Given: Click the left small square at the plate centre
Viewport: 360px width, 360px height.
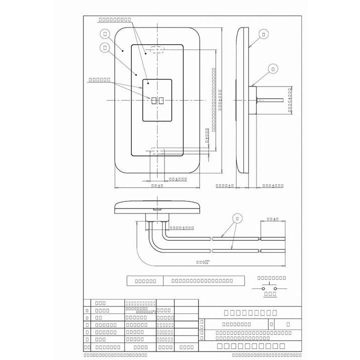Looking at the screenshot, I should [154, 101].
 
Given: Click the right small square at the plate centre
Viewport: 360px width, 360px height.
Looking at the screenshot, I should [161, 101].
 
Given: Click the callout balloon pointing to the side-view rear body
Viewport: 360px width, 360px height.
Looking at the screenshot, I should [272, 68].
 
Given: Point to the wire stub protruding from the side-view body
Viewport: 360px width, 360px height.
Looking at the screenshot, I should [270, 100].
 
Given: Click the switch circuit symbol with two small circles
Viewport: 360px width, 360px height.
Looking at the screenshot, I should [270, 288].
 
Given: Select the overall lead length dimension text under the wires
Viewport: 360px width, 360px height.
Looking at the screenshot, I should [202, 261].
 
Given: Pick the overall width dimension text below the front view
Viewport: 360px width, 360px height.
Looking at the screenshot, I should [157, 185].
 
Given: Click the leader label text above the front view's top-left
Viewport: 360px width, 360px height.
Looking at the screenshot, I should [114, 19].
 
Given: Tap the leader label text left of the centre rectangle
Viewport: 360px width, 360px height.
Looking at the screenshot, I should [99, 79].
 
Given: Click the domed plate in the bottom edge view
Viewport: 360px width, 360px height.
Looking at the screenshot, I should [157, 205].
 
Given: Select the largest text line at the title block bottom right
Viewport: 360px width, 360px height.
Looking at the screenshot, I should [251, 346].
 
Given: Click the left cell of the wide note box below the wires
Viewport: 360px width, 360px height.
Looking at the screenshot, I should [145, 281].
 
